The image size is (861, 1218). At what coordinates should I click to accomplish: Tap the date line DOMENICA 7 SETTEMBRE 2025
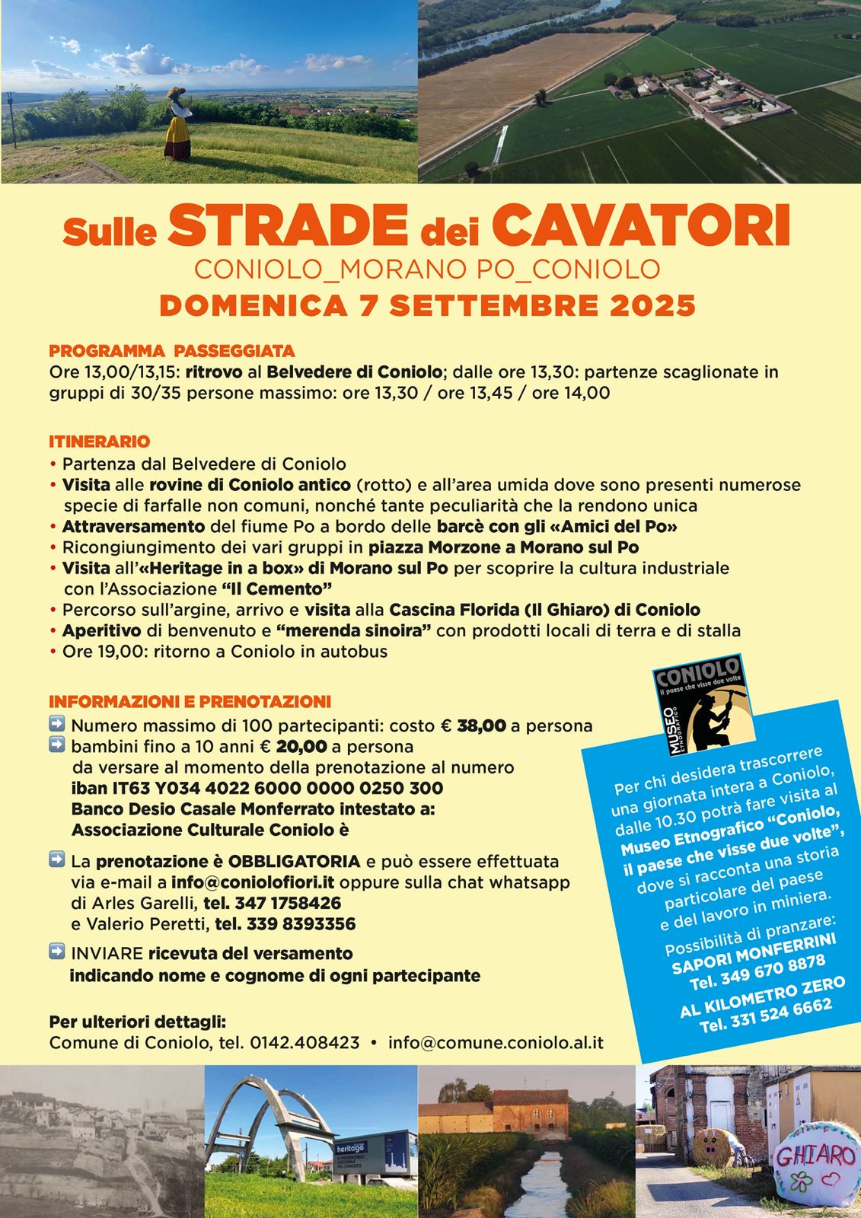[x=427, y=305]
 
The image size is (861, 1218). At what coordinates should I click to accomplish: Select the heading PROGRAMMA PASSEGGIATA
[x=171, y=351]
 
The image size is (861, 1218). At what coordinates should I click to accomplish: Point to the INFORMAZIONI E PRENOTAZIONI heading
[x=190, y=701]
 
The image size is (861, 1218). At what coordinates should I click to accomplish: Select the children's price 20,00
[x=301, y=746]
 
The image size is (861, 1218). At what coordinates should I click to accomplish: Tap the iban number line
[x=257, y=788]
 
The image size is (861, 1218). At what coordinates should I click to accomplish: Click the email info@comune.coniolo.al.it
[x=496, y=1043]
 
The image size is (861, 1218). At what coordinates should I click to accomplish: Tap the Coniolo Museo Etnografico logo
[x=696, y=705]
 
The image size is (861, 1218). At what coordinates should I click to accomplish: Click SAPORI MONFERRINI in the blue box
[x=753, y=953]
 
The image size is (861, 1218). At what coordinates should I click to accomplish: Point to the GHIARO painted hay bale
[x=814, y=1165]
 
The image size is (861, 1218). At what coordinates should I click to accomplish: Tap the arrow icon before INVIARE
[x=57, y=952]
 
